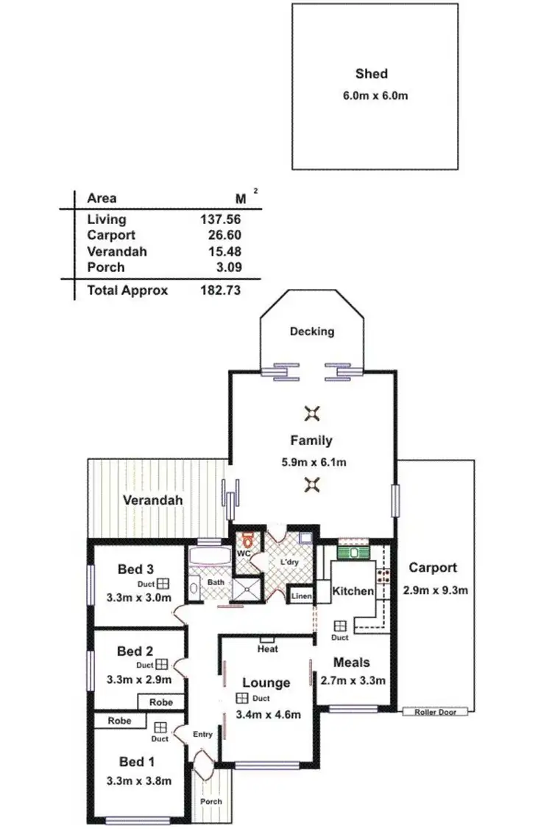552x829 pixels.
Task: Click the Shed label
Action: (371, 74)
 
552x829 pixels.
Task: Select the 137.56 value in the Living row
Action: (221, 219)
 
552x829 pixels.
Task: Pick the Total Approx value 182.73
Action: (221, 290)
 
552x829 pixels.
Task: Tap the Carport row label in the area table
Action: (111, 235)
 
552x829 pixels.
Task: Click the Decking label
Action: (311, 332)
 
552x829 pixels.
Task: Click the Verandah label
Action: (152, 500)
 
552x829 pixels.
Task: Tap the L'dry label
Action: (289, 562)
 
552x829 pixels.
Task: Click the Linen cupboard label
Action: (302, 595)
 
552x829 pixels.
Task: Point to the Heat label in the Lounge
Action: (266, 649)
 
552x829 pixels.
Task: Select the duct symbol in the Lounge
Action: (241, 699)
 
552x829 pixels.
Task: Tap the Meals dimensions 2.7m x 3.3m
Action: (351, 680)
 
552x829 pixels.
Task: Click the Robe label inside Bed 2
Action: (161, 702)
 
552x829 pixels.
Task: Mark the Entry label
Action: (202, 734)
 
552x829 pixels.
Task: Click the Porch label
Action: (211, 801)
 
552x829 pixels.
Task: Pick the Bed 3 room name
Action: (135, 569)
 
